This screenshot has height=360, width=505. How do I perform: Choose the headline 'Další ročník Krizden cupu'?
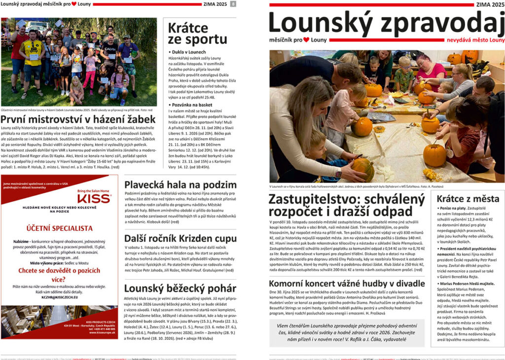(180, 238)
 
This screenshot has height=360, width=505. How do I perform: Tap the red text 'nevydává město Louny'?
(475, 39)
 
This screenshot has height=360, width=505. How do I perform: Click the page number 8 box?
(233, 4)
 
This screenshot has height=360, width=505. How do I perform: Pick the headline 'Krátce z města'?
(467, 199)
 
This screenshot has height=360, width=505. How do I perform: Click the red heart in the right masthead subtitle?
(306, 39)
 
